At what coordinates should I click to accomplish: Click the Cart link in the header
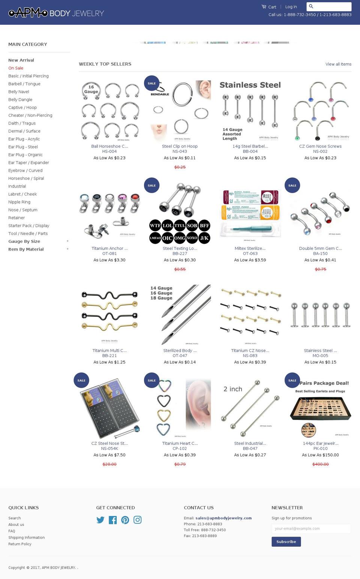pos(269,7)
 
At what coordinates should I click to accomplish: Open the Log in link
pos(291,7)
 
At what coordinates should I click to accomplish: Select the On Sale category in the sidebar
pos(16,68)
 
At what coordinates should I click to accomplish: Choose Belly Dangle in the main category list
pos(20,100)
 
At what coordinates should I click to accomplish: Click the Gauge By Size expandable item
pos(24,241)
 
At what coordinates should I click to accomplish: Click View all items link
pos(338,64)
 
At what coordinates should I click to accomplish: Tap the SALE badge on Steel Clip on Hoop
pos(151,83)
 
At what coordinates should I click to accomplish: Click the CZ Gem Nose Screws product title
pos(320,146)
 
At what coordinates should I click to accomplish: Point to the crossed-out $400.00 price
pos(320,464)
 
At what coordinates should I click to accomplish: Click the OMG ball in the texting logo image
pos(180,238)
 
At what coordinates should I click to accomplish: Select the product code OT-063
pos(250,253)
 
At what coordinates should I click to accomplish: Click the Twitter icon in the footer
pos(100,520)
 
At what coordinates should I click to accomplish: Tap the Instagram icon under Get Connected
pos(138,520)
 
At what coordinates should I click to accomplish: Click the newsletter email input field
pos(311,528)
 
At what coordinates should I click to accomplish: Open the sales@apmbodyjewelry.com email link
pos(223,518)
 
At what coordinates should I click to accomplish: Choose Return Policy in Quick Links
pos(20,544)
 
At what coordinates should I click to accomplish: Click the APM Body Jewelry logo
pos(56,13)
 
